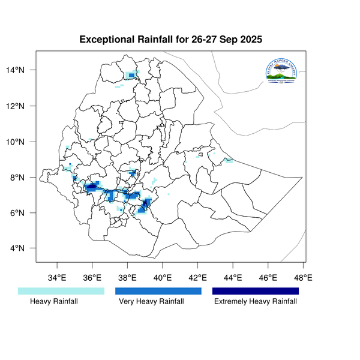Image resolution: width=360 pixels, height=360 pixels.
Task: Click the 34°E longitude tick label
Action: click(x=57, y=277)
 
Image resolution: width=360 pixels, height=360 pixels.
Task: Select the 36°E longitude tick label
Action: click(x=92, y=277)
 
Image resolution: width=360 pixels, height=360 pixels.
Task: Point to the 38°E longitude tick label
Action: click(x=127, y=277)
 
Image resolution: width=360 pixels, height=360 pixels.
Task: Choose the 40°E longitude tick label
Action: click(x=163, y=277)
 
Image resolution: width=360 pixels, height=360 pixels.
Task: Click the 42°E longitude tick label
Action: click(x=198, y=277)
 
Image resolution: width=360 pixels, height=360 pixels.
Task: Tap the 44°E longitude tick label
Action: click(x=233, y=277)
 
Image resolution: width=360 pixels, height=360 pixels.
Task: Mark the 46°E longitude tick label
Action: click(x=268, y=277)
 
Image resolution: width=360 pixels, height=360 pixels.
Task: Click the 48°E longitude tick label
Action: click(x=304, y=277)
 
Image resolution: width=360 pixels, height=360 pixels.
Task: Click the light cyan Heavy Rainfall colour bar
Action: click(x=61, y=291)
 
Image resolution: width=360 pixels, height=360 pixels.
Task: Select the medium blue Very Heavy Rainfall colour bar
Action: click(x=158, y=291)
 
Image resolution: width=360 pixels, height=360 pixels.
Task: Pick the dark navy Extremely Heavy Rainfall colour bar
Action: click(x=256, y=291)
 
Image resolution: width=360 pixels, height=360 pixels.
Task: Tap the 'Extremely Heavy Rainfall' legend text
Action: click(x=256, y=302)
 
